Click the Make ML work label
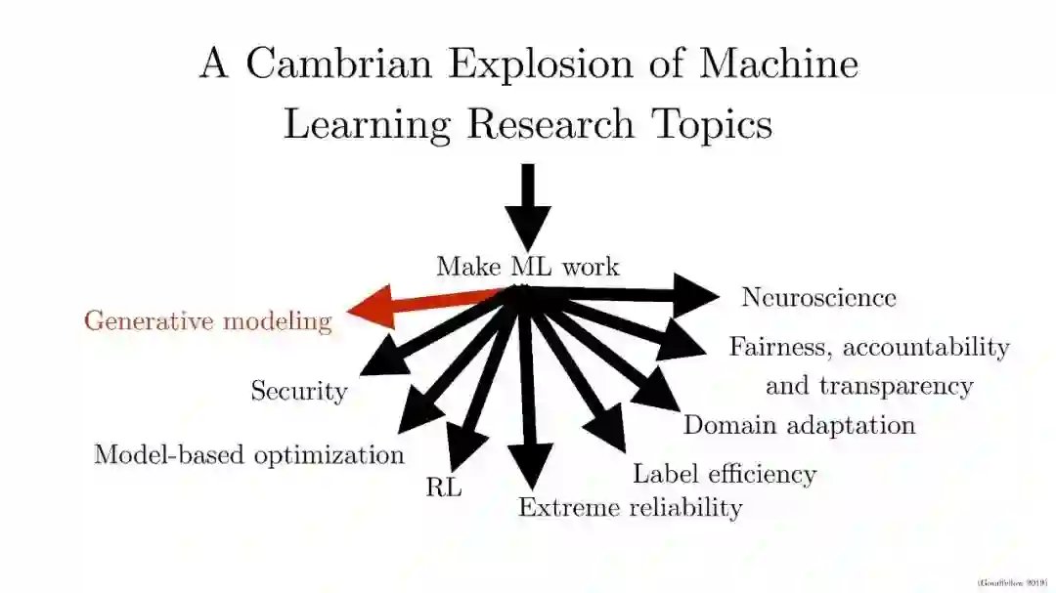[527, 267]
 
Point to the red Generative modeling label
[207, 320]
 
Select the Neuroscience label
[818, 297]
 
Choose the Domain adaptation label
[799, 425]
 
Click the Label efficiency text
[724, 475]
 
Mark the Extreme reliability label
[630, 507]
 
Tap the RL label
[443, 487]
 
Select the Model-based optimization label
[248, 454]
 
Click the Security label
[298, 392]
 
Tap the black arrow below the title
[528, 206]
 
